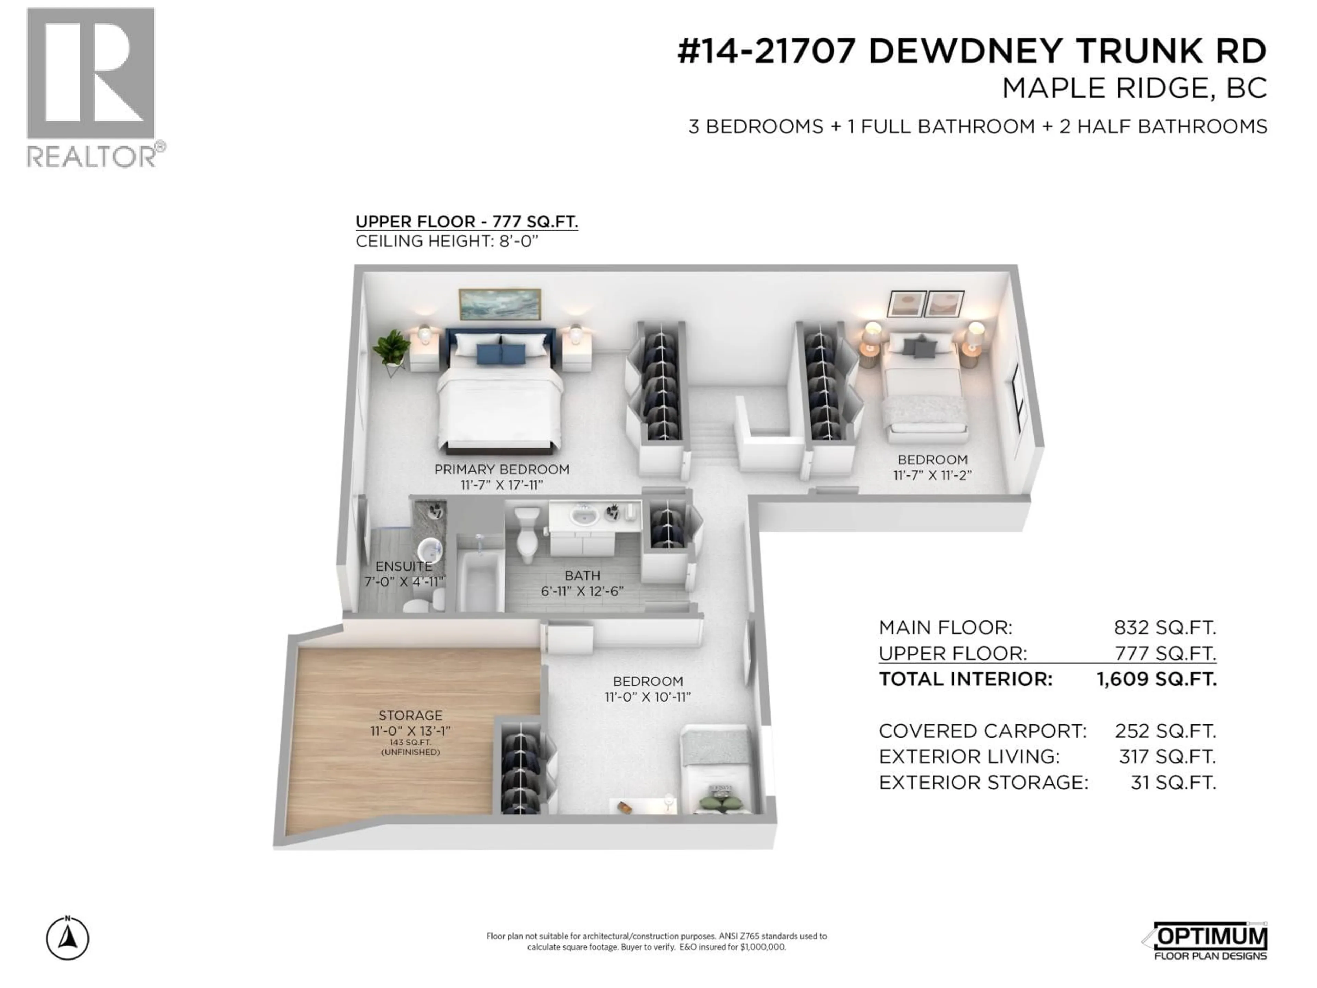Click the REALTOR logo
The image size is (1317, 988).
click(x=92, y=86)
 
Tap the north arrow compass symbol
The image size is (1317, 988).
click(x=68, y=939)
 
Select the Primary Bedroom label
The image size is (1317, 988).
click(x=501, y=469)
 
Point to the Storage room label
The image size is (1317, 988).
click(x=410, y=715)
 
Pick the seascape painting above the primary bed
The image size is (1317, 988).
click(x=499, y=304)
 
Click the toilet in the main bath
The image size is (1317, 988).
click(x=527, y=533)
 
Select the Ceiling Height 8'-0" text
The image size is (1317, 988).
click(x=447, y=241)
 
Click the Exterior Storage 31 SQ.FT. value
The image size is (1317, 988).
click(x=1173, y=783)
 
